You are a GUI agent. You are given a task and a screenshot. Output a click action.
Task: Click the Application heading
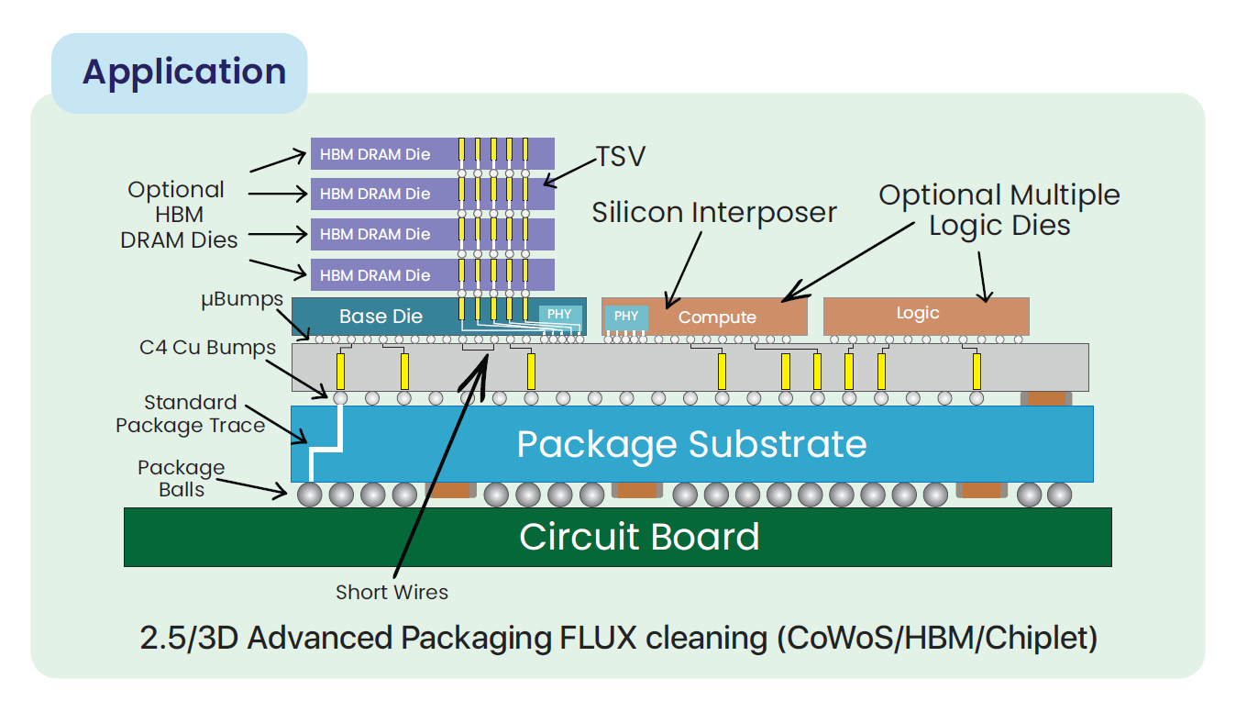click(183, 72)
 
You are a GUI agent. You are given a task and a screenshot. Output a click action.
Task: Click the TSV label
click(621, 157)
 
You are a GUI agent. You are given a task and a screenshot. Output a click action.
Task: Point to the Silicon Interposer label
click(714, 213)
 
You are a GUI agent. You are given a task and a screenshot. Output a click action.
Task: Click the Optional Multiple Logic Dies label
click(999, 210)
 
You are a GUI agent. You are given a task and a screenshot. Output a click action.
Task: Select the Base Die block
click(381, 317)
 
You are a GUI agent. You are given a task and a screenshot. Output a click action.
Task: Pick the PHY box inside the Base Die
click(559, 314)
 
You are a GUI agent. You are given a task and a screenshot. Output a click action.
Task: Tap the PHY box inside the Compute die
click(626, 317)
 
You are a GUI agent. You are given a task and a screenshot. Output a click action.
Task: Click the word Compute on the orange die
click(717, 317)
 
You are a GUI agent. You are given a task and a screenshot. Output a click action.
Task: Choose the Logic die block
click(926, 314)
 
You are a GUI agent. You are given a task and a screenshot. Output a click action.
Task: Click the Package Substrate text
click(691, 444)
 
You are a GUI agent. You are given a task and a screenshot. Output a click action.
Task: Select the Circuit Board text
click(639, 537)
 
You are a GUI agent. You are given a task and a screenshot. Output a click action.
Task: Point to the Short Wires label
click(392, 592)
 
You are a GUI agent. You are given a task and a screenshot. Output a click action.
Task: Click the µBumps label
click(242, 300)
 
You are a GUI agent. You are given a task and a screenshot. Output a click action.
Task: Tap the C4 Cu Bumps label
click(207, 348)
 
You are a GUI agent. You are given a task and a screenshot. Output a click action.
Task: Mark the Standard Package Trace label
click(190, 414)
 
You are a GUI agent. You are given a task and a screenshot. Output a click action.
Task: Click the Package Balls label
click(181, 478)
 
